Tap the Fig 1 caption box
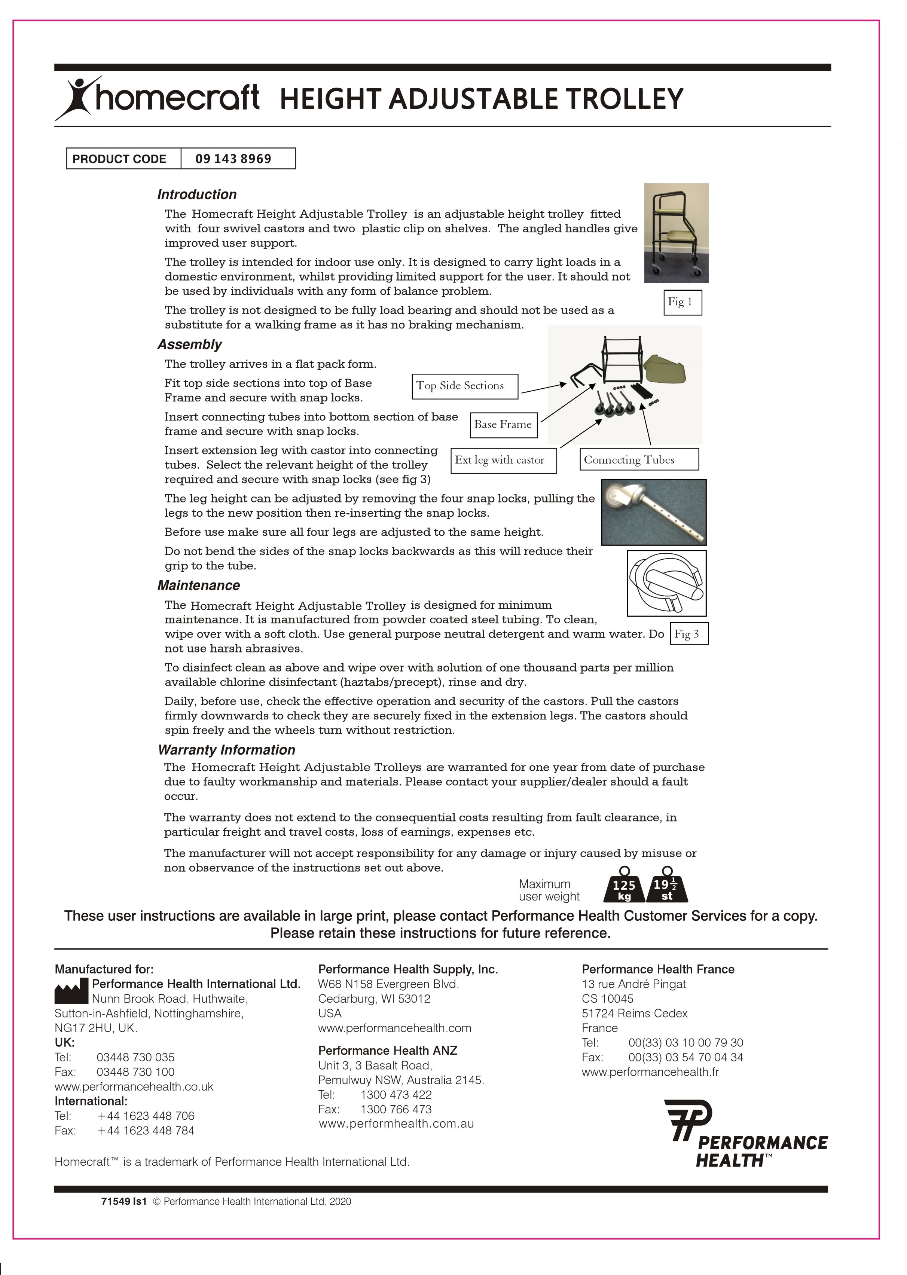pyautogui.click(x=682, y=302)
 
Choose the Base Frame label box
pyautogui.click(x=503, y=425)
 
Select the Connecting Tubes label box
pyautogui.click(x=638, y=460)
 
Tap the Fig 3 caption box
pyautogui.click(x=688, y=634)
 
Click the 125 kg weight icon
pyautogui.click(x=624, y=887)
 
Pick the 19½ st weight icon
pyautogui.click(x=666, y=887)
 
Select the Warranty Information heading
pyautogui.click(x=226, y=750)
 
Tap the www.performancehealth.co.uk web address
pyautogui.click(x=134, y=1087)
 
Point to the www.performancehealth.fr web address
pyautogui.click(x=650, y=1072)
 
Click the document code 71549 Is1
pyautogui.click(x=123, y=1201)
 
